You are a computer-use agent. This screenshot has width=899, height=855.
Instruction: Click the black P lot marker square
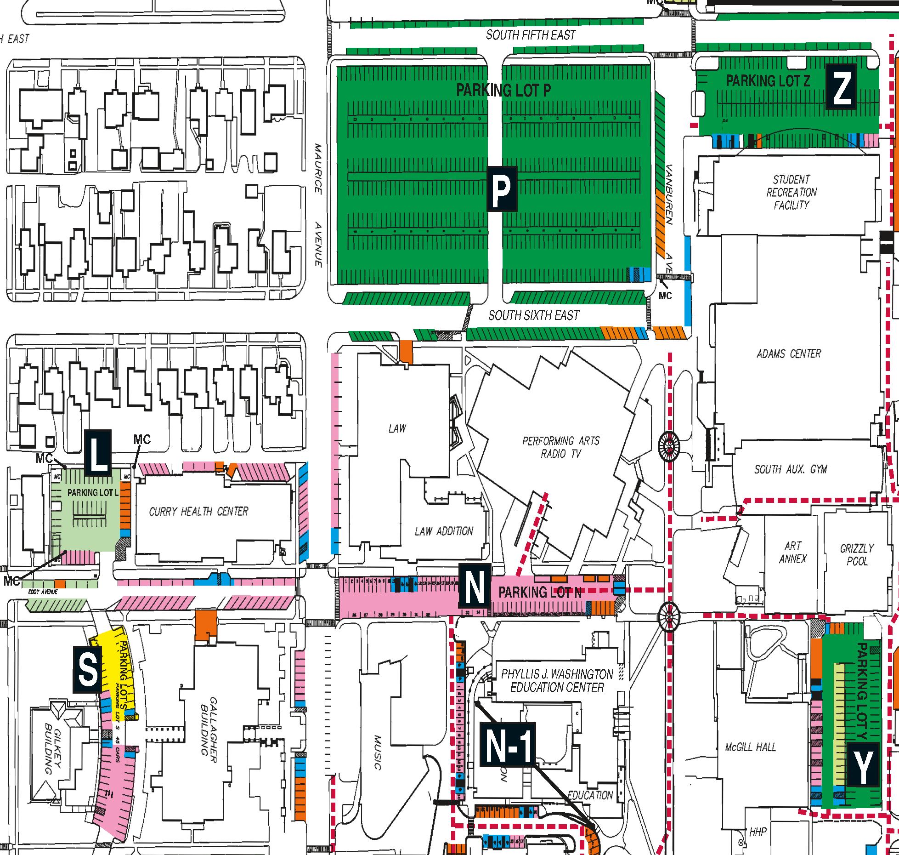[502, 189]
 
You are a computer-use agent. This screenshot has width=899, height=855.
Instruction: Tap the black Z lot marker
[841, 87]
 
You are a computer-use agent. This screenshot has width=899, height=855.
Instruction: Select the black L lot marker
[98, 453]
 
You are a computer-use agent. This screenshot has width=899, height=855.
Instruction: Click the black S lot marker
[87, 669]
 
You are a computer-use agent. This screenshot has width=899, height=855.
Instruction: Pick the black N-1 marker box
[508, 745]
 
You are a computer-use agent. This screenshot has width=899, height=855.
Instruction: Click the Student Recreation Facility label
[791, 192]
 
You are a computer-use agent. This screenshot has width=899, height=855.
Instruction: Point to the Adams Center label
[789, 353]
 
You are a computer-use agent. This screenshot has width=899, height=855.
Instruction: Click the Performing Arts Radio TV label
[560, 447]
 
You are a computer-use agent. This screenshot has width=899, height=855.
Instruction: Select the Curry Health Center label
[198, 512]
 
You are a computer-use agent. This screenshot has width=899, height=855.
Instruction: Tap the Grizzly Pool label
[857, 554]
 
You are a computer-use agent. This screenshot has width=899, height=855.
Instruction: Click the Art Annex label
[793, 552]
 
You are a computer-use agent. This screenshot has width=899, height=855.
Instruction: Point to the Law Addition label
[444, 531]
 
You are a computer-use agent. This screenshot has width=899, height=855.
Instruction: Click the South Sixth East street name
[533, 316]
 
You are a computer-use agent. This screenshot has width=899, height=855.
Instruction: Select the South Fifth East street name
[531, 35]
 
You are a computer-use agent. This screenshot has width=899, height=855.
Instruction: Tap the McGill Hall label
[750, 747]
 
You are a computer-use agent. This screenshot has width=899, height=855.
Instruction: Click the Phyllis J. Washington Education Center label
[557, 681]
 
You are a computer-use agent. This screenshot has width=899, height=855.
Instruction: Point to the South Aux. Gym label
[791, 469]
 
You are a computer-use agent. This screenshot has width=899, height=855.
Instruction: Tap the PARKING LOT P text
[503, 91]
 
